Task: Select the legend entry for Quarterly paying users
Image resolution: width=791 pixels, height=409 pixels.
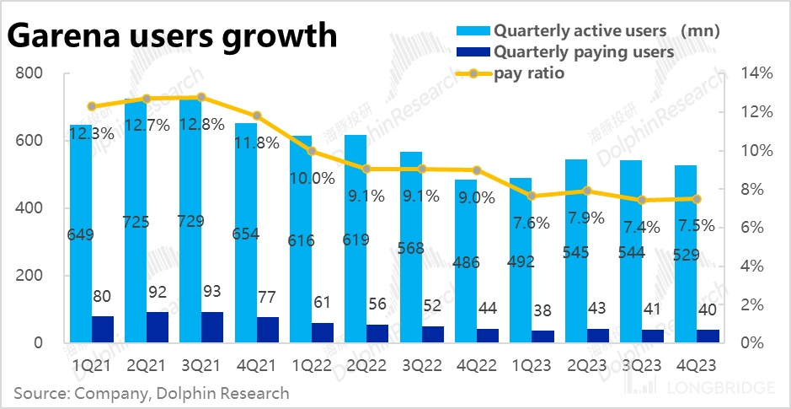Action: click(583, 52)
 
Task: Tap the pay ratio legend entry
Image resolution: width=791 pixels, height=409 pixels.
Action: click(528, 73)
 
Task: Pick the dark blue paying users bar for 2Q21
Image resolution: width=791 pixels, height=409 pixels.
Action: click(158, 327)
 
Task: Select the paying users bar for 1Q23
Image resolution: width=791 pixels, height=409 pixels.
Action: click(544, 336)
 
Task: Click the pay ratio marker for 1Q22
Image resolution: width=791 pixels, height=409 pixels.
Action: click(312, 151)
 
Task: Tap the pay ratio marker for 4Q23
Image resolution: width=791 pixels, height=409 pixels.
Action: click(697, 199)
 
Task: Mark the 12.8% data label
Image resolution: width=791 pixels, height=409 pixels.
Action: click(202, 124)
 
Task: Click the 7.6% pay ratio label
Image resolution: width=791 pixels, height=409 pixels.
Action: click(532, 223)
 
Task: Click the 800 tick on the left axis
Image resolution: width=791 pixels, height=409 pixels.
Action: click(29, 74)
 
